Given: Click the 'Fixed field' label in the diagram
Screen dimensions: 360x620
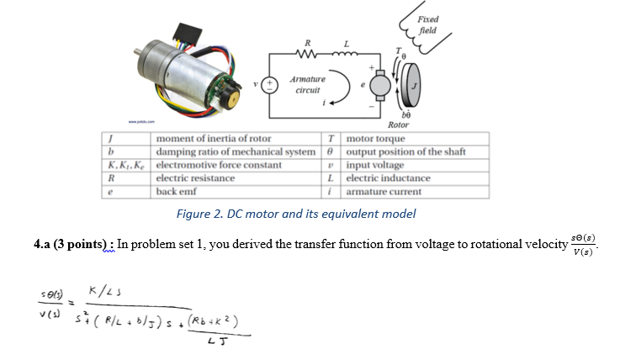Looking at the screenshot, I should [x=428, y=25].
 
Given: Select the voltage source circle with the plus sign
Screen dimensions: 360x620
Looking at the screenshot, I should [x=271, y=84].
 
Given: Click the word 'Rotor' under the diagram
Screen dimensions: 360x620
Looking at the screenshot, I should [x=398, y=124].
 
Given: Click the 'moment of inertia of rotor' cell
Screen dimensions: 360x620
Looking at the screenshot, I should [x=214, y=138].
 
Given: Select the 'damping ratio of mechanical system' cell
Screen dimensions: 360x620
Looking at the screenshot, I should [x=236, y=151].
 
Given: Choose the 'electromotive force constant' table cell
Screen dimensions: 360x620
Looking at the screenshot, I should [x=218, y=165].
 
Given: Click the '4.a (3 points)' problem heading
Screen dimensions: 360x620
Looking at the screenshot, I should [x=72, y=245].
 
